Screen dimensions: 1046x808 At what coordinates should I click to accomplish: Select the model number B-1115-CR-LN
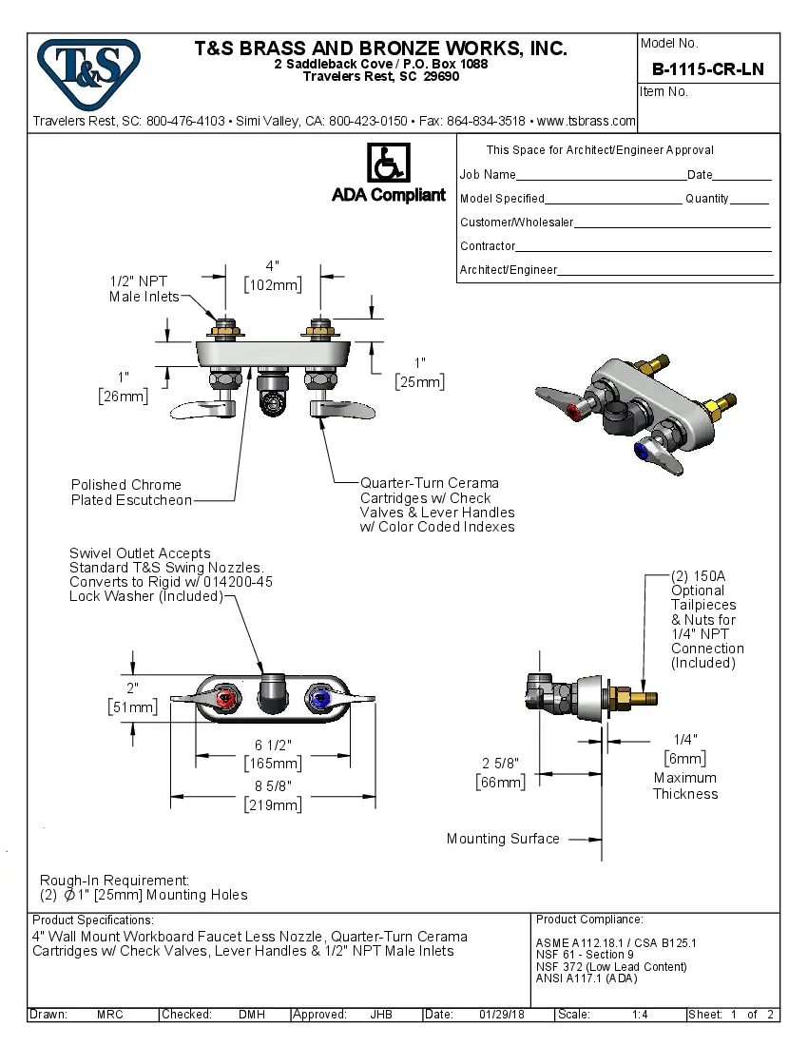click(707, 69)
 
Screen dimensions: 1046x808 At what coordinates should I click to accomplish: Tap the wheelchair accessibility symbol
click(388, 163)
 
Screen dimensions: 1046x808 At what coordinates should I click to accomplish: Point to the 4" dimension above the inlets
click(273, 266)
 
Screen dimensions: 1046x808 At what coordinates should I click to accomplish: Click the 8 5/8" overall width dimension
click(272, 786)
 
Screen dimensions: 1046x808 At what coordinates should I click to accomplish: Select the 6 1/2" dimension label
click(272, 745)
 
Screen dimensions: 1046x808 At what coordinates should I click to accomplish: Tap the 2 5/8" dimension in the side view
click(500, 763)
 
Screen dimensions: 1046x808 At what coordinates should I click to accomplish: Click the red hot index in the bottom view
click(225, 702)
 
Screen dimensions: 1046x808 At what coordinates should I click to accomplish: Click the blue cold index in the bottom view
click(319, 702)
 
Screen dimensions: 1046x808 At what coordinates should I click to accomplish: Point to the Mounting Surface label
click(503, 839)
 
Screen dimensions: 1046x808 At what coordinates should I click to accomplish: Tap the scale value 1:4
click(640, 1015)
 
